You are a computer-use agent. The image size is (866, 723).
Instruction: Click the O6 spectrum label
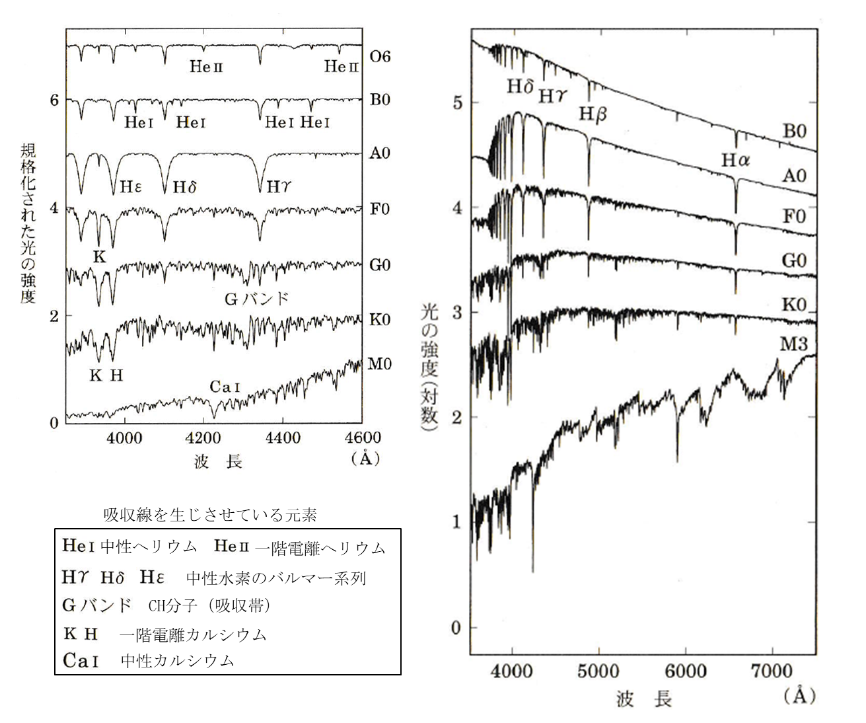(x=380, y=57)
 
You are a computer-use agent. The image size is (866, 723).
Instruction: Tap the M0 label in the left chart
(x=379, y=364)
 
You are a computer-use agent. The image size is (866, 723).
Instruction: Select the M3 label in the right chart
(x=794, y=344)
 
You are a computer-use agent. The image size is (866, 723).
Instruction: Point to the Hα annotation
(x=736, y=161)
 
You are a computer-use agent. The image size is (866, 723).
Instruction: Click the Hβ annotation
(x=593, y=114)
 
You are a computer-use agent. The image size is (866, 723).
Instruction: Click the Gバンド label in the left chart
(x=257, y=299)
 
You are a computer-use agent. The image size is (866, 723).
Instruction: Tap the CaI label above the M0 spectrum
(x=225, y=387)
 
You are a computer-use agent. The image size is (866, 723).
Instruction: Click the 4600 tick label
(x=362, y=438)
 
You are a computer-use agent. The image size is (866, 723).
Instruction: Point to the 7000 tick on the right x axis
(x=772, y=671)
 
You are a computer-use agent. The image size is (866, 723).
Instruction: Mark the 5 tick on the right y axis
(x=456, y=103)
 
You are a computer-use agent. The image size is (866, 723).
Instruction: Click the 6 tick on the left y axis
(x=54, y=100)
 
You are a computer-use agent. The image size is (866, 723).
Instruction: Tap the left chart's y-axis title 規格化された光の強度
(x=28, y=225)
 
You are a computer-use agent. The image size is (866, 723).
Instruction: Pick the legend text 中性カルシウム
(x=178, y=661)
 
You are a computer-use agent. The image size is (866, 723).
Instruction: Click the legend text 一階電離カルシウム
(x=194, y=635)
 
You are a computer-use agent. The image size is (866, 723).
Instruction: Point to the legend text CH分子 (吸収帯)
(x=209, y=605)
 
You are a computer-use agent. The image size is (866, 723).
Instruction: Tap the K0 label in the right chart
(x=794, y=305)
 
